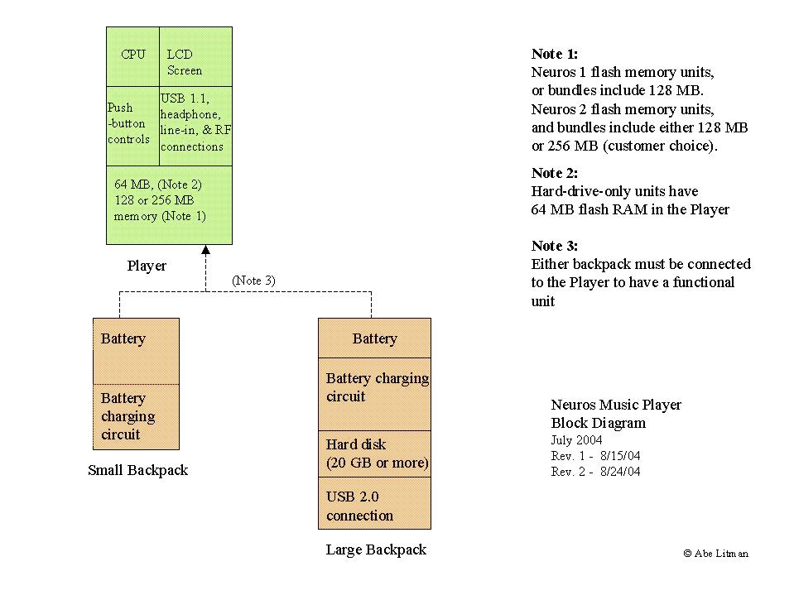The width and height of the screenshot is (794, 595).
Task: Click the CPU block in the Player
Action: tap(132, 56)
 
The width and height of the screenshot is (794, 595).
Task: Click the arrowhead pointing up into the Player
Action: tap(206, 251)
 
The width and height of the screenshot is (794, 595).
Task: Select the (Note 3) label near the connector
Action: tap(253, 281)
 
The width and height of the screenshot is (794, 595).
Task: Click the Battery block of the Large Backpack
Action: tap(374, 338)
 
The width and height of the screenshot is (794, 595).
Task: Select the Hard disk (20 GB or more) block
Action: tap(374, 453)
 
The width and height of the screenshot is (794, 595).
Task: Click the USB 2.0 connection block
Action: tap(374, 503)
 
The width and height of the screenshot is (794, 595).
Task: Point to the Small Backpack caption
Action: tap(137, 470)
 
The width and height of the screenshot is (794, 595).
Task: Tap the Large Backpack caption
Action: tap(376, 549)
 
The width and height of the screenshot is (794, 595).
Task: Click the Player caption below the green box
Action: tap(147, 266)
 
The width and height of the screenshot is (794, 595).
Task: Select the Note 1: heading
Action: tap(555, 54)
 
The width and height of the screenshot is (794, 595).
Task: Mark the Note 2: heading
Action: tap(555, 173)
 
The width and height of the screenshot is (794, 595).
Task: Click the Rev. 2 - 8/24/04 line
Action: tap(595, 472)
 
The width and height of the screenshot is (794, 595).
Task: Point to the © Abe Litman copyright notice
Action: tap(716, 553)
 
